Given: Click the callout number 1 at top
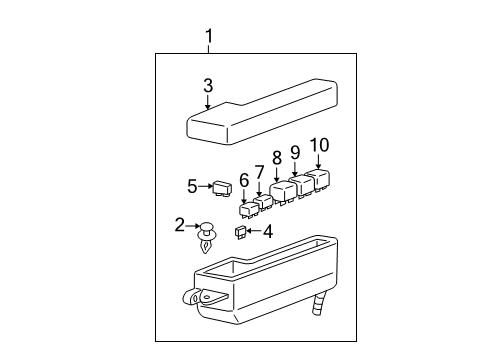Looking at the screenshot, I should [x=209, y=38].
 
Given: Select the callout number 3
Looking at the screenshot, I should [x=208, y=86].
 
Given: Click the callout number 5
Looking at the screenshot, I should [x=192, y=185].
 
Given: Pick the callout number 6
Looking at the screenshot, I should [x=243, y=180].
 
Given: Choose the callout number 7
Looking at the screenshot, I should [x=259, y=171].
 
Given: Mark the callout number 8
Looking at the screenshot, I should [x=276, y=156].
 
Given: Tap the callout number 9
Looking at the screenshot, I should [x=296, y=151].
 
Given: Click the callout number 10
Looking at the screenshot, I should [x=318, y=145].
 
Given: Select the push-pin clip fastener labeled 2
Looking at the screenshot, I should [x=207, y=238].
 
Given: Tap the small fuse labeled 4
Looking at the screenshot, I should [x=240, y=233].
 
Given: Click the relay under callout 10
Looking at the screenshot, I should [x=319, y=181].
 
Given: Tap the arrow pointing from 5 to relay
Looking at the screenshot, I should [x=206, y=185].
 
